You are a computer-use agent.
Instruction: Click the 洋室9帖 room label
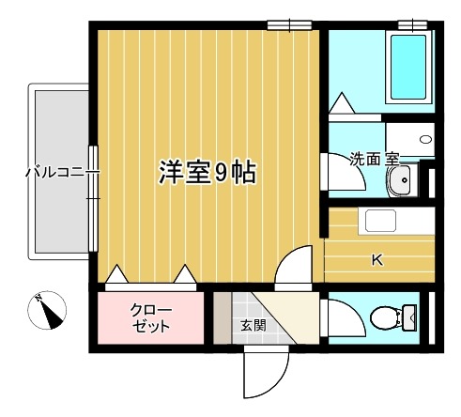pos(207,173)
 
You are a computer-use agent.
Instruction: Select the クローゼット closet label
pos(149,318)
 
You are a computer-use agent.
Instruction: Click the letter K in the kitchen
pos(376,260)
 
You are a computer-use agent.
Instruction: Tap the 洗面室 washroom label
pos(375,159)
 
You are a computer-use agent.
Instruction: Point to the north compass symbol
pos(47,310)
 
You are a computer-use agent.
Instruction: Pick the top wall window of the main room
pos(288,23)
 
